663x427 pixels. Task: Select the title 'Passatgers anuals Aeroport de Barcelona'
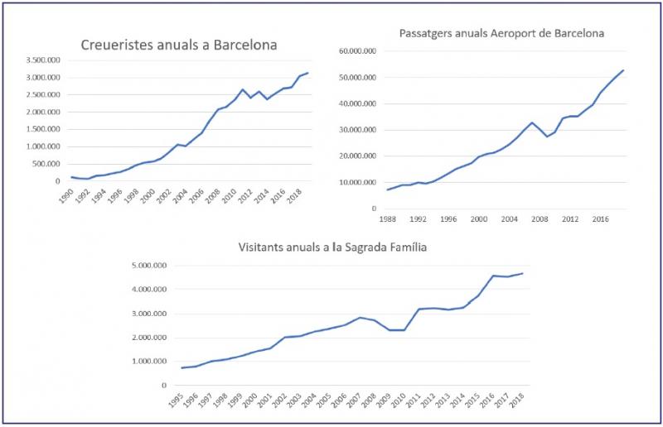501,34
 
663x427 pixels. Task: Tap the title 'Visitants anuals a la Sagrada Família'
339,246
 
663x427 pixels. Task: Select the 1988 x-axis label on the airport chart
385,220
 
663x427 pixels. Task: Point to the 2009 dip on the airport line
547,136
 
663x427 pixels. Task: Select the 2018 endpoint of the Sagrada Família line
522,273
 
